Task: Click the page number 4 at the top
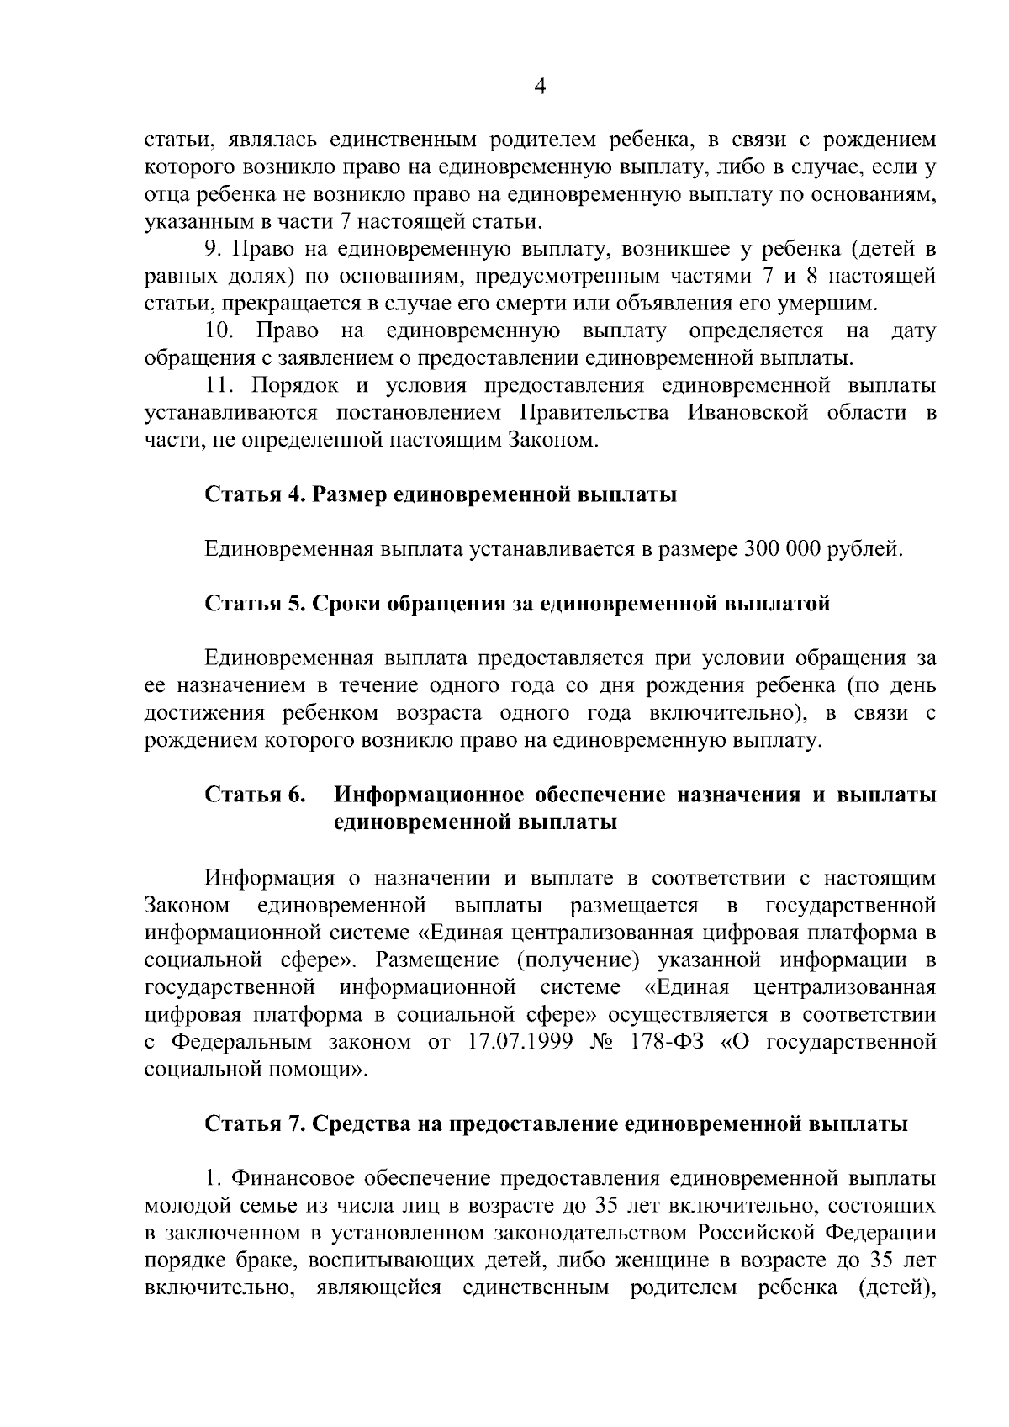coord(541,87)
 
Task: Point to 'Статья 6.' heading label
coord(255,795)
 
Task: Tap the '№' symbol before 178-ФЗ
coord(603,1042)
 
